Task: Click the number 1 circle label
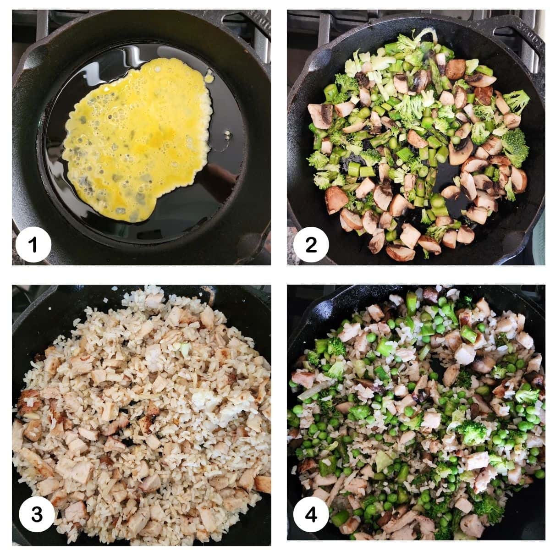click(x=33, y=246)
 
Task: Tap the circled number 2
click(x=311, y=246)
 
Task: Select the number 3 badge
click(x=37, y=515)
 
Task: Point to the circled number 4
click(x=311, y=515)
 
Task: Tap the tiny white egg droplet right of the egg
click(x=228, y=134)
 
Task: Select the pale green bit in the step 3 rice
click(x=185, y=350)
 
